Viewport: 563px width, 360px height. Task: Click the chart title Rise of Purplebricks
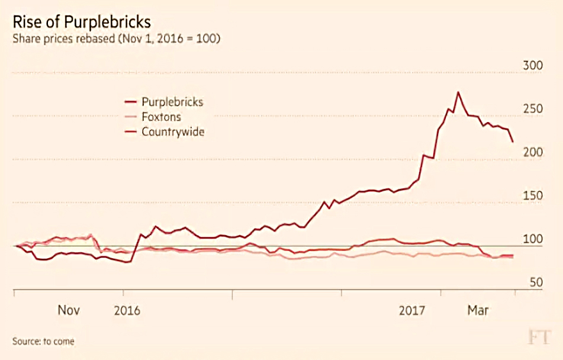click(82, 22)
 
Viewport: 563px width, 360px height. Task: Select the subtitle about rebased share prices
click(117, 38)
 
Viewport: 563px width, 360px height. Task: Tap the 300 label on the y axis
click(533, 65)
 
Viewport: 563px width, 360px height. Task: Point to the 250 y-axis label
click(533, 108)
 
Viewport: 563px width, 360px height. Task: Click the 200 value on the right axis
click(533, 152)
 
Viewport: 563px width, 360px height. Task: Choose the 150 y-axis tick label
click(533, 195)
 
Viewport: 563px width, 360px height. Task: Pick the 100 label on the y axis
click(533, 239)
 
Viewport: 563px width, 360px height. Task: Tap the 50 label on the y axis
click(536, 282)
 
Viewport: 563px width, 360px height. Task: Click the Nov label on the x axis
click(69, 310)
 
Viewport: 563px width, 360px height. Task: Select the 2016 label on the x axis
click(127, 310)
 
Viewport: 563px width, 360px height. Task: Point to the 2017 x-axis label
click(412, 310)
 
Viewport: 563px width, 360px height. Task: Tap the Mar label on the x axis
click(478, 310)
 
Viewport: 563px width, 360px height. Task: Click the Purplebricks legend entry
click(164, 102)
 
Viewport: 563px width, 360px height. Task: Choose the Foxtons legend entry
click(153, 117)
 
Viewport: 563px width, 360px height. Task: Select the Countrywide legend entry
click(165, 132)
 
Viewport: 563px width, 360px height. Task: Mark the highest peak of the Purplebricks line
click(458, 92)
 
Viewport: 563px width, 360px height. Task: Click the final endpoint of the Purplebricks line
click(512, 142)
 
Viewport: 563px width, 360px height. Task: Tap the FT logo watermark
click(539, 337)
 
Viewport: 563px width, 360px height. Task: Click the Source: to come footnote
click(43, 341)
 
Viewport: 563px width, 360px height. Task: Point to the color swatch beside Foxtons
click(131, 117)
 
